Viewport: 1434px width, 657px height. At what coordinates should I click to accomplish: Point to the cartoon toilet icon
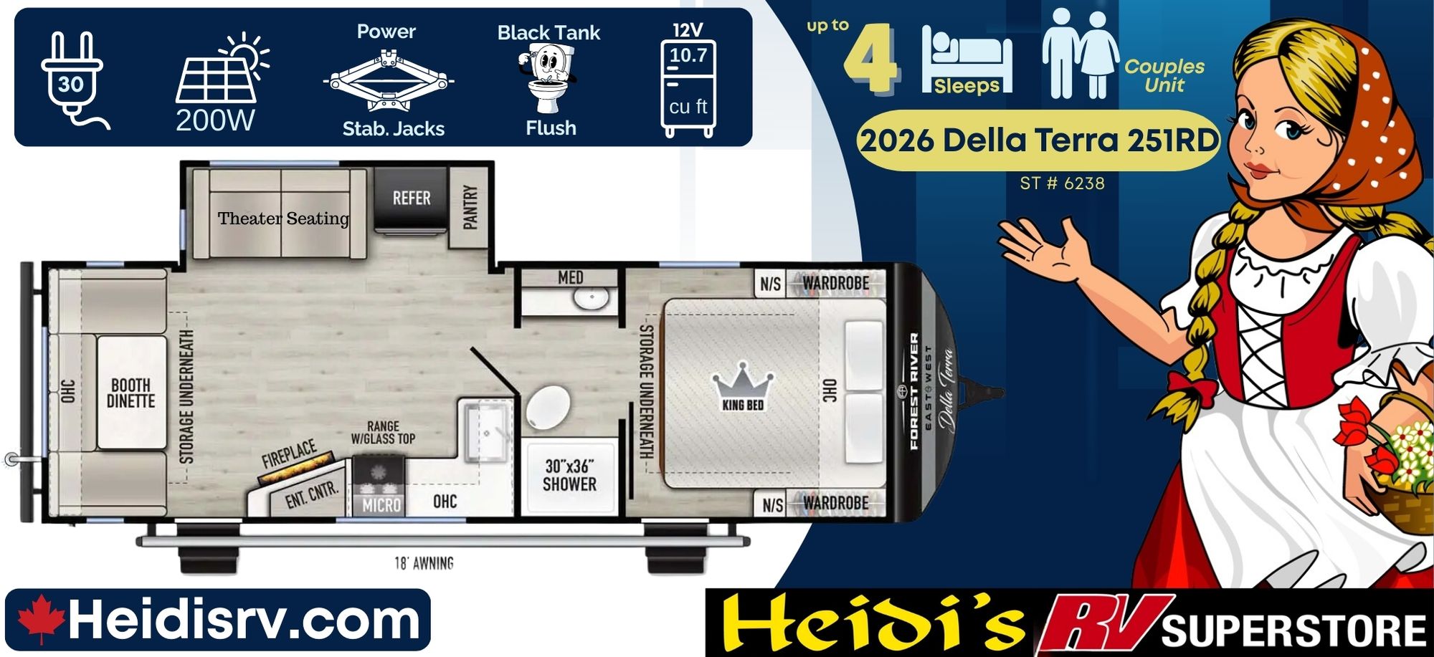point(549,77)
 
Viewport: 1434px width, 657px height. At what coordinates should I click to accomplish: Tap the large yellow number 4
point(870,59)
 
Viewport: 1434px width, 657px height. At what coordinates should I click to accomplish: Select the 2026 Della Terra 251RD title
point(1039,140)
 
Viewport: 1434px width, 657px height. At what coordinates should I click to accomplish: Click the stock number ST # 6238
point(1062,183)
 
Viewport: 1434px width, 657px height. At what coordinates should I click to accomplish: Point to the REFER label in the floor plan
point(412,198)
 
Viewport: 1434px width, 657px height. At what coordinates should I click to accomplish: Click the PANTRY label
point(470,207)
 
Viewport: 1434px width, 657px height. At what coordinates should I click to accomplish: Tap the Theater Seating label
point(284,219)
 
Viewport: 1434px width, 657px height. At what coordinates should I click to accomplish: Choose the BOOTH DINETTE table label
point(130,393)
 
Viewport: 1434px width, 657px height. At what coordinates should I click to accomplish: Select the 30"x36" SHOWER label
point(570,475)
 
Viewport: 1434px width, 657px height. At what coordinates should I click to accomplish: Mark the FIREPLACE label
point(289,454)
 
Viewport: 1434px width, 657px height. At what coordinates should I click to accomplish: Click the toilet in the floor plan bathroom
point(549,407)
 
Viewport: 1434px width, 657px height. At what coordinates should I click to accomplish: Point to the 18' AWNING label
point(424,563)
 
